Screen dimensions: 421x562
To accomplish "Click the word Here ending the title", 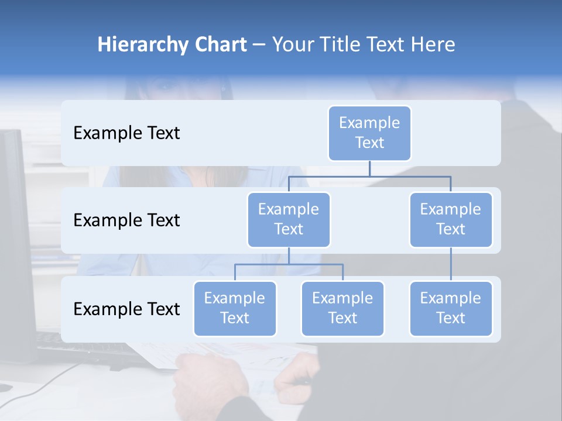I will tap(433, 45).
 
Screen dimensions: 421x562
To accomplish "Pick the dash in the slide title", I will tap(259, 46).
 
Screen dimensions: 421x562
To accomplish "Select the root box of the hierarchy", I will tap(369, 133).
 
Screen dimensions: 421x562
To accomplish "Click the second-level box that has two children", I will tap(289, 219).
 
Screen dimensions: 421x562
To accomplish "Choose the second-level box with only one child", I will tap(451, 219).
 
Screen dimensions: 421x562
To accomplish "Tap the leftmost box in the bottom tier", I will tap(235, 308).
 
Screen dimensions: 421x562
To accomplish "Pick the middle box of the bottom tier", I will tap(342, 308).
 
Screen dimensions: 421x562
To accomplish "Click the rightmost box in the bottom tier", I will tap(451, 308).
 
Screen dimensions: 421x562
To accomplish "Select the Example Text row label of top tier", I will tap(126, 133).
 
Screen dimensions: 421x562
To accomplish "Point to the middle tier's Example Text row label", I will tap(126, 220).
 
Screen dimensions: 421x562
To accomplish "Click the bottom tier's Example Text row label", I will tap(126, 309).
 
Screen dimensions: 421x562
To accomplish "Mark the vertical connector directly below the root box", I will tap(369, 168).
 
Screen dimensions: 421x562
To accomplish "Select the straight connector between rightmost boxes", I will tap(451, 264).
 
